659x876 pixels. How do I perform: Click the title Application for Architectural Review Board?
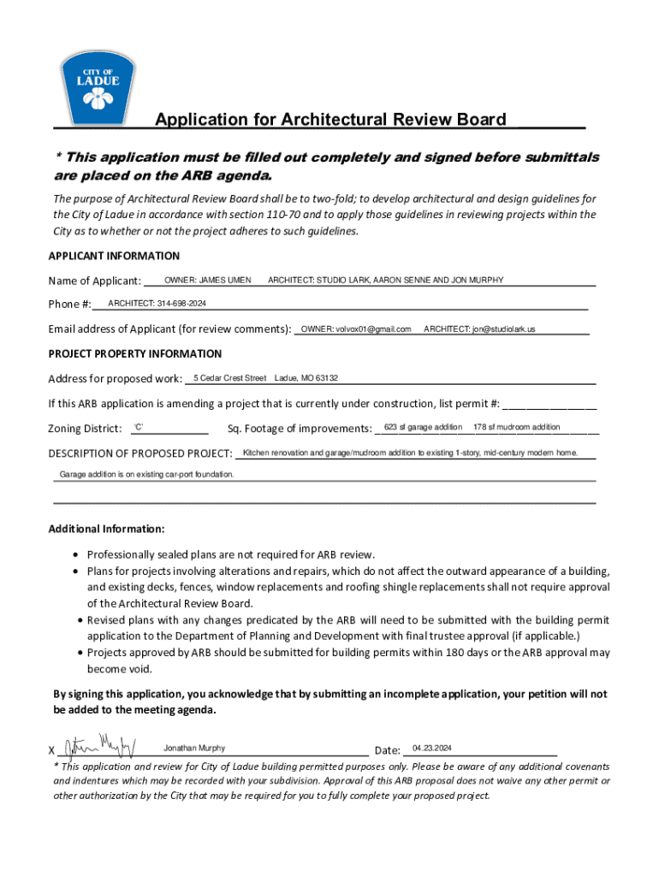pyautogui.click(x=329, y=120)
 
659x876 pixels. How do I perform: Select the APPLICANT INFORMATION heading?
pyautogui.click(x=114, y=256)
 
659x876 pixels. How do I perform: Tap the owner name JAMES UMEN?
pyautogui.click(x=208, y=280)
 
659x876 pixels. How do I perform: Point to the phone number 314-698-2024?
pyautogui.click(x=157, y=304)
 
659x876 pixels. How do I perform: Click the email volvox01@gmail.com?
pyautogui.click(x=356, y=328)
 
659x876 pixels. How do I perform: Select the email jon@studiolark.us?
pyautogui.click(x=479, y=328)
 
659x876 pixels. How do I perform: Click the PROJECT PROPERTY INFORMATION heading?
pyautogui.click(x=134, y=353)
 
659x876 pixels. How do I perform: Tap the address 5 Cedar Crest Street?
pyautogui.click(x=230, y=378)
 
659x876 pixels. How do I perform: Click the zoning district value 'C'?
pyautogui.click(x=140, y=427)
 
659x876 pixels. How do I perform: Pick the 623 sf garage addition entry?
pyautogui.click(x=423, y=427)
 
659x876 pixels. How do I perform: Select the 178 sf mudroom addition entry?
pyautogui.click(x=516, y=427)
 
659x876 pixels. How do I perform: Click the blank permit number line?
pyautogui.click(x=549, y=407)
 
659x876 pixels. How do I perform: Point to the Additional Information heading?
pyautogui.click(x=106, y=529)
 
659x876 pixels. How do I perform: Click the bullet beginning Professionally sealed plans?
pyautogui.click(x=230, y=553)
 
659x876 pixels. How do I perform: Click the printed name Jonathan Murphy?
pyautogui.click(x=195, y=748)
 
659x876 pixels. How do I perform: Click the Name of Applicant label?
pyautogui.click(x=94, y=281)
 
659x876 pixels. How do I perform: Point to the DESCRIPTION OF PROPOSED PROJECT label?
pyautogui.click(x=140, y=453)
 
